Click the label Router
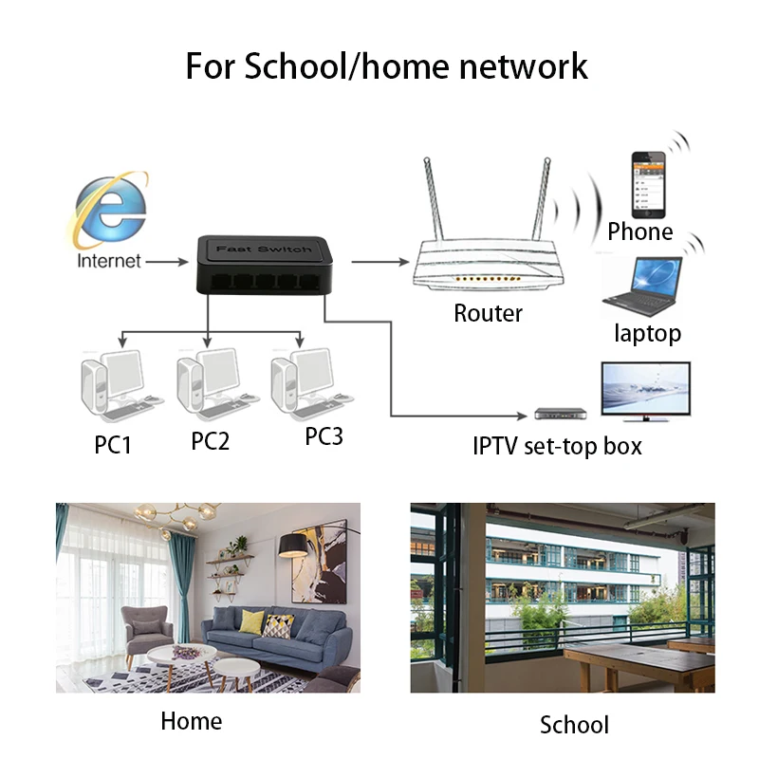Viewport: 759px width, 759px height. tap(488, 313)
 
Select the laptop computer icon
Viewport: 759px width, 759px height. tap(643, 284)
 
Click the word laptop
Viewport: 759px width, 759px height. tap(647, 333)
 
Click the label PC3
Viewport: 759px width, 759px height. tap(324, 437)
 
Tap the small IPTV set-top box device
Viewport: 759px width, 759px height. tap(560, 415)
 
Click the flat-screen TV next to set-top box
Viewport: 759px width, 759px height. tap(645, 392)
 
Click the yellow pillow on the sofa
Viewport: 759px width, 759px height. tap(251, 621)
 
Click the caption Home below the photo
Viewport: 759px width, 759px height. tap(191, 721)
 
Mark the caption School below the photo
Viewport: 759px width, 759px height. tap(574, 726)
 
